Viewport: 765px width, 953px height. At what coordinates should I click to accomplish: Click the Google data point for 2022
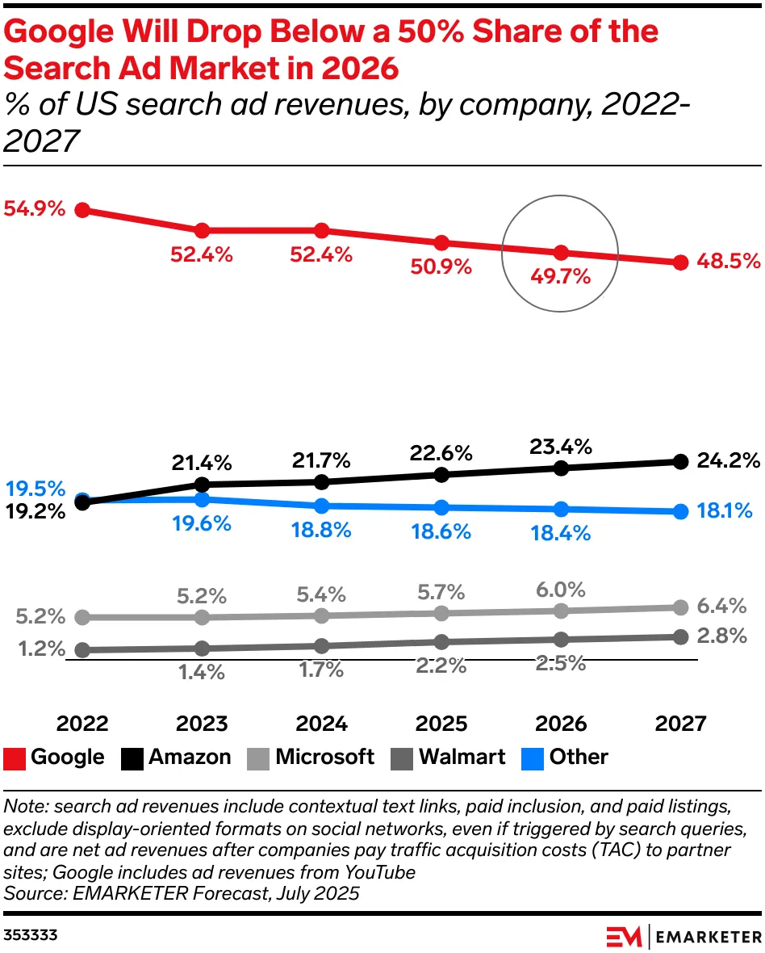tap(82, 210)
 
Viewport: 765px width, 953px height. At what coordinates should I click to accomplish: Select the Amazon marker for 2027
tap(680, 461)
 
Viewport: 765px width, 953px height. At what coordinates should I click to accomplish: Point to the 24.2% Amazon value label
tap(727, 461)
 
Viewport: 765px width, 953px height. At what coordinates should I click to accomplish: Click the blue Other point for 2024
tap(321, 506)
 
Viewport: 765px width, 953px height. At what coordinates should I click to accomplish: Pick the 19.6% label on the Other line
tap(201, 523)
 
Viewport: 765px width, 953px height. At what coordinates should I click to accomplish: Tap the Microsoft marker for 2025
tap(441, 613)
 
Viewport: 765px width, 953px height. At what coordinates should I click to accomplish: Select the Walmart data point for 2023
tap(202, 648)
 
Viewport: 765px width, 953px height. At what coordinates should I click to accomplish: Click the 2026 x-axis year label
tap(560, 723)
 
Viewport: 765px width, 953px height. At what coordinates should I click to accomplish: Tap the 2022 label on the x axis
tap(82, 723)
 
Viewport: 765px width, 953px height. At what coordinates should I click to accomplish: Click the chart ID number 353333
tap(31, 935)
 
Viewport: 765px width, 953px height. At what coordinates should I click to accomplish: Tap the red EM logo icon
tap(625, 936)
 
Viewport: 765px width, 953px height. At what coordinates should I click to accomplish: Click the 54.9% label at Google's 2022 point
tap(34, 209)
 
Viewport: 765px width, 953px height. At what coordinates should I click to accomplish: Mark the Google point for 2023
tap(202, 231)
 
